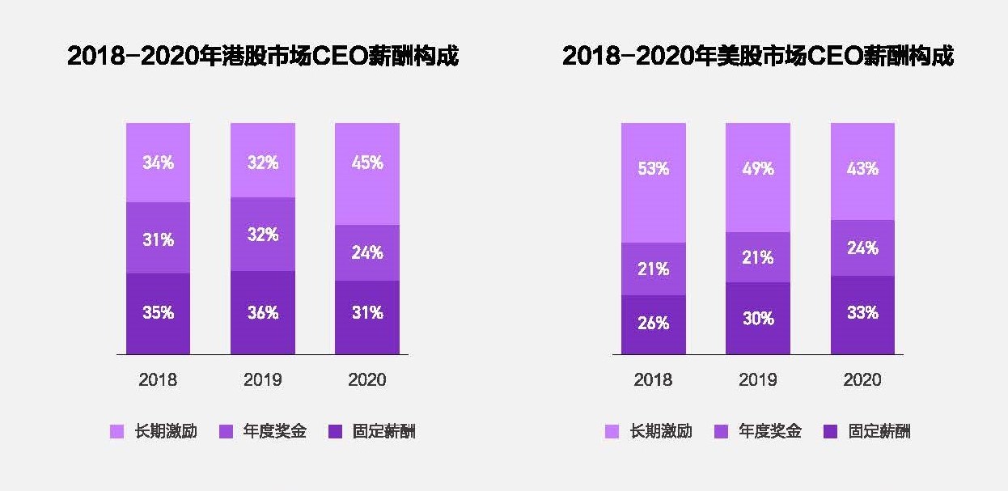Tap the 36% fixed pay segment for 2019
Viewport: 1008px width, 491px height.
(262, 312)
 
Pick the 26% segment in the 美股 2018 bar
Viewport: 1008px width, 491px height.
(653, 324)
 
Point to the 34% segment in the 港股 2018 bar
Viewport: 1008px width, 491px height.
(158, 162)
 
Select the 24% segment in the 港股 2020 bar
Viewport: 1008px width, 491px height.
(367, 252)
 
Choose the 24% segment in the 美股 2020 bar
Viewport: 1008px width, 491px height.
(862, 248)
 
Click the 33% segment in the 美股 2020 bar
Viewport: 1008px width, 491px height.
(862, 315)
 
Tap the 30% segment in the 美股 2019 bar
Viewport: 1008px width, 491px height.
(757, 318)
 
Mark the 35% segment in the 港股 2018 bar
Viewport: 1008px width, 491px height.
(158, 313)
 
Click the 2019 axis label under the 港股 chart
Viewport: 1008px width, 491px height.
(262, 379)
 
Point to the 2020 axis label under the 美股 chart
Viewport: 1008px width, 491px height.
(862, 379)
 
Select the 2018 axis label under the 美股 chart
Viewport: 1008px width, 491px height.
(653, 379)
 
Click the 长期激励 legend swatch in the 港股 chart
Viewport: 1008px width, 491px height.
(116, 432)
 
